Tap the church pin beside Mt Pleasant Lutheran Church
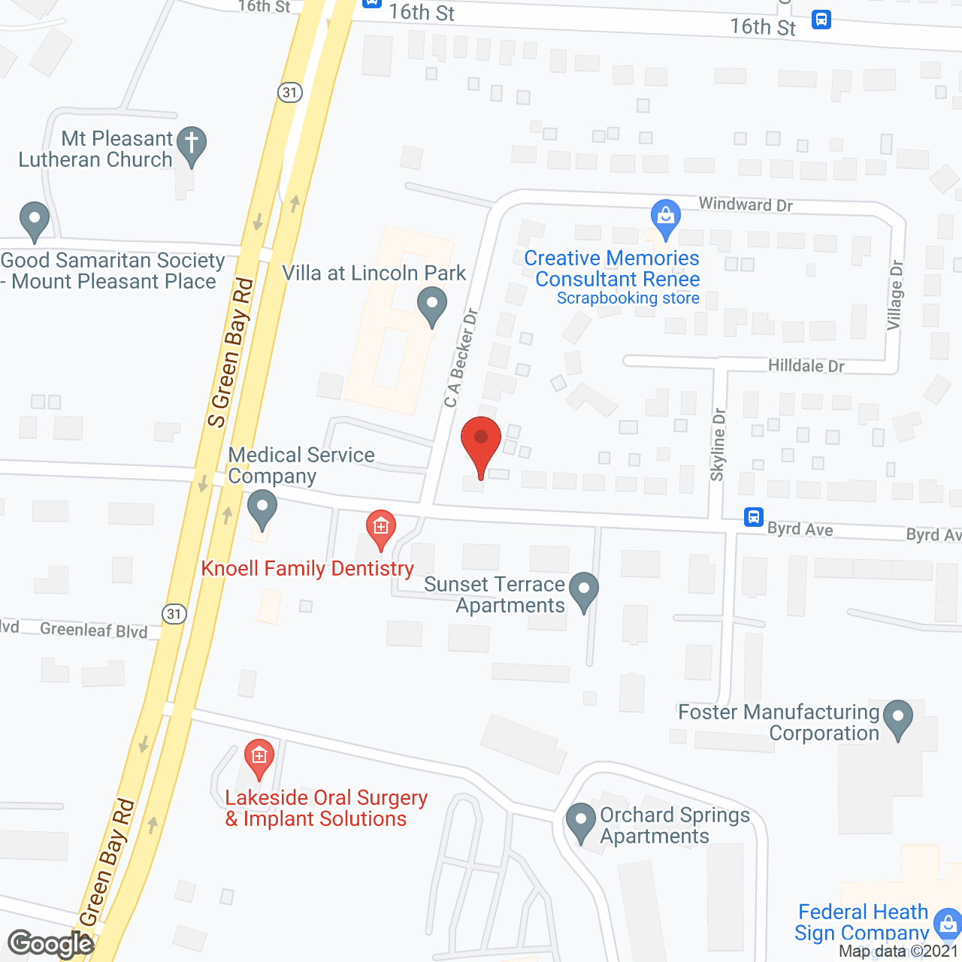[x=192, y=144]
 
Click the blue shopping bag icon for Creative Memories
[x=665, y=218]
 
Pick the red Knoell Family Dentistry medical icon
[x=381, y=529]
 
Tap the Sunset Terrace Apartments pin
[x=584, y=591]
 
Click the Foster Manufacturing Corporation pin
[x=897, y=718]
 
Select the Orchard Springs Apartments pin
[x=579, y=822]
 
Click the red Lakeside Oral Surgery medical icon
[x=259, y=758]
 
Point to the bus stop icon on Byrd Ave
[x=754, y=517]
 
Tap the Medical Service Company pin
[x=262, y=508]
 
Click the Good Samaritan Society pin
[x=34, y=221]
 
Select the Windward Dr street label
[x=746, y=204]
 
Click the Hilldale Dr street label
[x=806, y=366]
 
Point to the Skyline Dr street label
[x=718, y=444]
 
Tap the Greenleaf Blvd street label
[x=94, y=630]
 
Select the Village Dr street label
[x=894, y=295]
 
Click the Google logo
[x=50, y=944]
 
